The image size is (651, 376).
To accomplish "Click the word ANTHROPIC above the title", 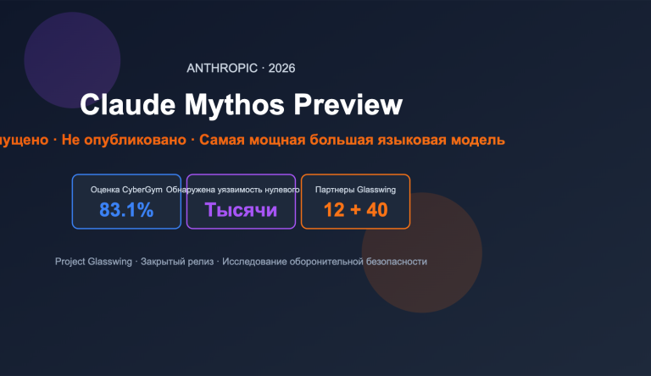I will coord(222,69).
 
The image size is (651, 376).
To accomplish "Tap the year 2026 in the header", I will coord(281,69).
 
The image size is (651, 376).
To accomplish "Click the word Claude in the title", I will coord(124,105).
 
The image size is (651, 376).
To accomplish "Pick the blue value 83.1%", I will coord(126,210).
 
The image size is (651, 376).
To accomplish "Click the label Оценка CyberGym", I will coord(126,190).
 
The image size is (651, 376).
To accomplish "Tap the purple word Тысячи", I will coord(241,210).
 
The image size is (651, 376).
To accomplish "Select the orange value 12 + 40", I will coord(355,210).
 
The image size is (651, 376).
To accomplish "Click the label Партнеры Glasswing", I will coord(355,190).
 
